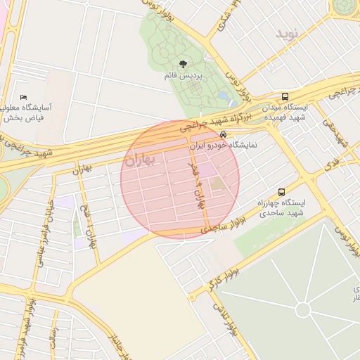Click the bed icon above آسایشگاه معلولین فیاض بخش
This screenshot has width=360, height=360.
24,97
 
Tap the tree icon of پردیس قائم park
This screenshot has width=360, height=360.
183,64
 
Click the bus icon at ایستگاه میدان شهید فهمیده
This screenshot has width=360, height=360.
285,97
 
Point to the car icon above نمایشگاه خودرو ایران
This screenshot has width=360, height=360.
223,134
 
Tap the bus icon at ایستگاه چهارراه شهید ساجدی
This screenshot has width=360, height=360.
282,192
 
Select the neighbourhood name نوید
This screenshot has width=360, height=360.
287,34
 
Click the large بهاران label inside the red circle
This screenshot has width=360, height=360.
143,160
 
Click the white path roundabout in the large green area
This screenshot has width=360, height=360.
302,310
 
